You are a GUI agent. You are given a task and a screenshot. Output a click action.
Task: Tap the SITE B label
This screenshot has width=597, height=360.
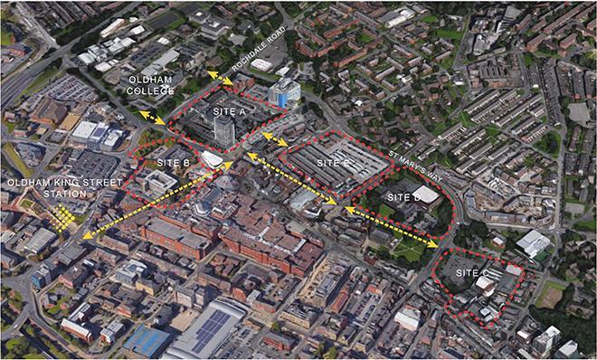[x=171, y=163]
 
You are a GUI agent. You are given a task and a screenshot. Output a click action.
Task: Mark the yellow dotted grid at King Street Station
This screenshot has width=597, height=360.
[x=62, y=216]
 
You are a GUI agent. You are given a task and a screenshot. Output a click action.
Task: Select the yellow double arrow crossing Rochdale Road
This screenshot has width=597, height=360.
[x=218, y=78]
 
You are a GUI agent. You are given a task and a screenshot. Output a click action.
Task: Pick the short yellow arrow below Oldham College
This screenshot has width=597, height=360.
[x=151, y=118]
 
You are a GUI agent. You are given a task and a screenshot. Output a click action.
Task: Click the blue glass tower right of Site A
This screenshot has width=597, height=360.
[x=286, y=90]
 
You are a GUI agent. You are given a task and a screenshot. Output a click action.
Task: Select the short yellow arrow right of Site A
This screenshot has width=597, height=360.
[x=276, y=140]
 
